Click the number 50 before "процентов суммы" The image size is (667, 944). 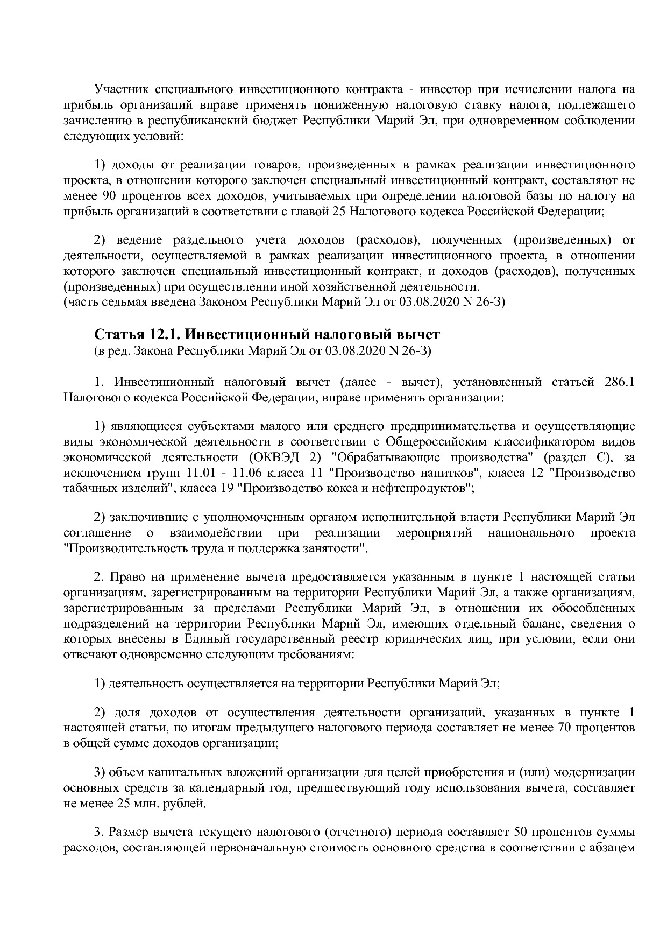[x=522, y=832]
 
